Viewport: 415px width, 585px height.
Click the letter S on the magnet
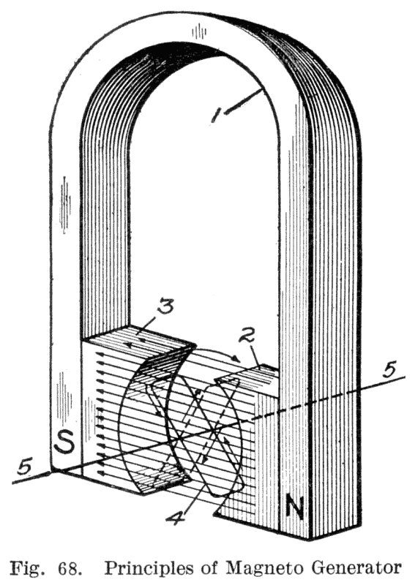64,443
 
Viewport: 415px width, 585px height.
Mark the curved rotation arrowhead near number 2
236,359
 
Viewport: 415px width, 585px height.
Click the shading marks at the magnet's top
199,31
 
